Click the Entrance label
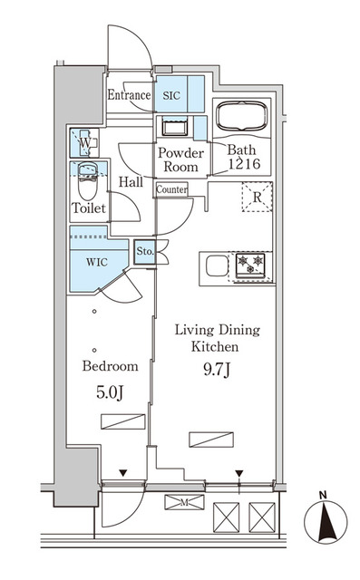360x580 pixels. (128, 95)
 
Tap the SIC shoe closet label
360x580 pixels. (171, 94)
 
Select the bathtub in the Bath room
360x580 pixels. (242, 119)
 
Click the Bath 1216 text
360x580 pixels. (242, 159)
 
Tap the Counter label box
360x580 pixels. (171, 189)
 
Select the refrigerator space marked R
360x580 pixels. (257, 197)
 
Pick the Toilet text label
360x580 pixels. (89, 208)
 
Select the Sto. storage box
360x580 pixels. (144, 251)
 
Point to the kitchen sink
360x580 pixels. (216, 266)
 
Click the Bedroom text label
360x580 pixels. (110, 367)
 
